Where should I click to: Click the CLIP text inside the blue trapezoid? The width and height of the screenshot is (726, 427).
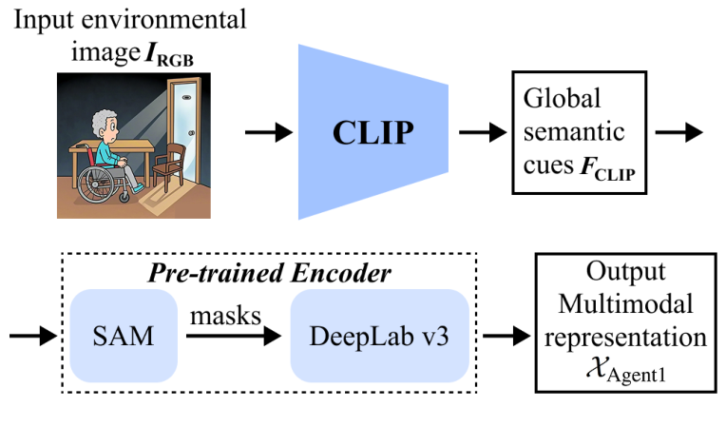click(x=373, y=132)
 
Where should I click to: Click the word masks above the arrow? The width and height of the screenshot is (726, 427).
click(x=226, y=317)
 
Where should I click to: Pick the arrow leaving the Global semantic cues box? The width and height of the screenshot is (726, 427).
click(x=681, y=132)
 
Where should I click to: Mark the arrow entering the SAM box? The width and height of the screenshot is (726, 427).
click(x=30, y=336)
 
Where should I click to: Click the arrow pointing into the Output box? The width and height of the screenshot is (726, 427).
click(x=506, y=336)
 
